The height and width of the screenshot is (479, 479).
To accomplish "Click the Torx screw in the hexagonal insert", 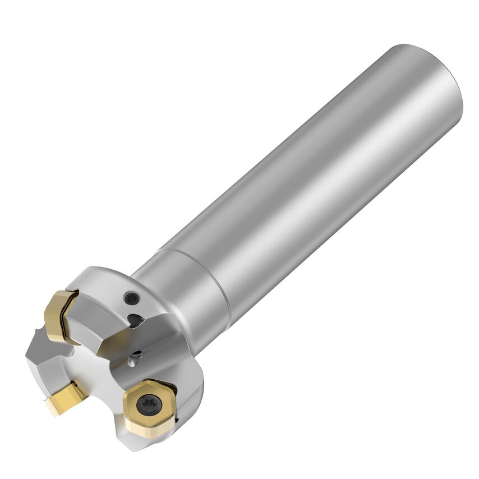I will point(149,402).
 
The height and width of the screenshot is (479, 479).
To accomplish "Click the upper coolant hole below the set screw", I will point(135,320).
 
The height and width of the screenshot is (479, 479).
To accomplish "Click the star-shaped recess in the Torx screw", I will point(149,402).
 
